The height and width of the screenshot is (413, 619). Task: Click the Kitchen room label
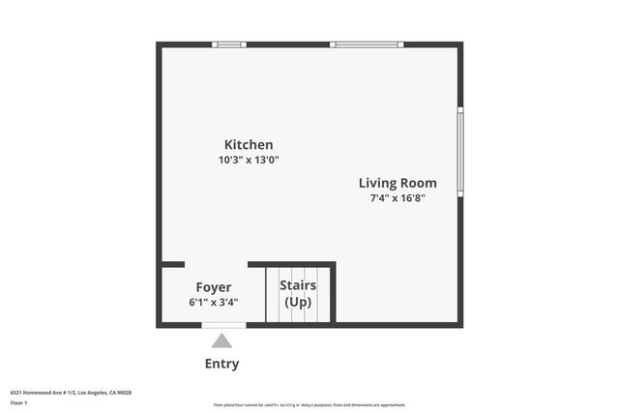pos(249,145)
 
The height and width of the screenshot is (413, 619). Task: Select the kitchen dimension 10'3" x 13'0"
pos(249,161)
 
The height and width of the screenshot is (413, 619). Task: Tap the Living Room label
pos(398,183)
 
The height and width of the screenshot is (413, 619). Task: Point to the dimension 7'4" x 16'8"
pos(398,198)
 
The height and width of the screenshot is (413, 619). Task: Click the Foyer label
pos(213,287)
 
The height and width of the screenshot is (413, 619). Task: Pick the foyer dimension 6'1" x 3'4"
pos(213,303)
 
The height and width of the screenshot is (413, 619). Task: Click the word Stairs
pos(298,286)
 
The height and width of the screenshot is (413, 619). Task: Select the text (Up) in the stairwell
pos(298,303)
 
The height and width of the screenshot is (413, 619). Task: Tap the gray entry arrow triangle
pos(222,340)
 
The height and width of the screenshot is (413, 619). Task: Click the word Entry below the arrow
pos(221,365)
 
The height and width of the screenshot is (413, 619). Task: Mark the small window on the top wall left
pos(229,44)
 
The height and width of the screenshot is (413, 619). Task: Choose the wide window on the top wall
pos(367,44)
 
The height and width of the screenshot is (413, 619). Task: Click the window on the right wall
pos(460,152)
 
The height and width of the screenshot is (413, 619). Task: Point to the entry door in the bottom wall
pos(222,326)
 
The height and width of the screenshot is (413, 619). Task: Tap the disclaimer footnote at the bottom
pos(309,405)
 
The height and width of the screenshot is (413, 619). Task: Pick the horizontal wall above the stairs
pos(291,264)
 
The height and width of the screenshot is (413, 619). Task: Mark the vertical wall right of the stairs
pos(333,293)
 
